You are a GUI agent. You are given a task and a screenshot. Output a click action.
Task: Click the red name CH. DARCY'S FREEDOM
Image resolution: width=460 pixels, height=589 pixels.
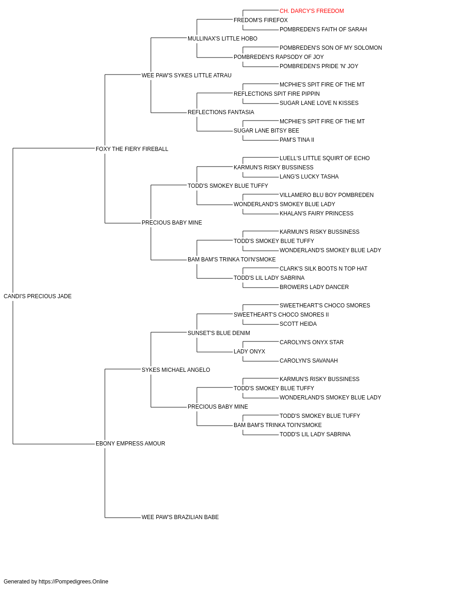(x=311, y=11)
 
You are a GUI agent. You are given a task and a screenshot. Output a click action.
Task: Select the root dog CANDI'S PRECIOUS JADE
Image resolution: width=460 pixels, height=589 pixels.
(x=37, y=296)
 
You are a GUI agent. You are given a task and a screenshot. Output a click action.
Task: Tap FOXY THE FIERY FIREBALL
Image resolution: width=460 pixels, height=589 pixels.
(x=132, y=149)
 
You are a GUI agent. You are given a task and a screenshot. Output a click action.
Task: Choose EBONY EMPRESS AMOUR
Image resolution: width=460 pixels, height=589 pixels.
(x=130, y=444)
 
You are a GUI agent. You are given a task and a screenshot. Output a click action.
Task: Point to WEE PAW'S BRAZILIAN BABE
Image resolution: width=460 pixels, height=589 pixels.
(x=180, y=517)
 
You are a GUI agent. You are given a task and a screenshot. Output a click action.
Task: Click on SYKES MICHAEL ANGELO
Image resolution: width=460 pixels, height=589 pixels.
(x=176, y=370)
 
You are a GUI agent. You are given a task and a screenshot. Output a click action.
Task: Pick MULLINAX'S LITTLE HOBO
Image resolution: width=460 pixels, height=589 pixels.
(x=222, y=39)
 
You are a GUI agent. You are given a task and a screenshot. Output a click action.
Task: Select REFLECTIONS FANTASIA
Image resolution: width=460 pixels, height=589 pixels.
(x=220, y=112)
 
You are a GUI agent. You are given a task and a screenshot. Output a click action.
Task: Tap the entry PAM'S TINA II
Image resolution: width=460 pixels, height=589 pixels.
(x=297, y=140)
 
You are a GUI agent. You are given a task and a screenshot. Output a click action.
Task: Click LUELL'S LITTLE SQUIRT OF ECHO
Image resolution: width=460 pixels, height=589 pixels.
(x=324, y=158)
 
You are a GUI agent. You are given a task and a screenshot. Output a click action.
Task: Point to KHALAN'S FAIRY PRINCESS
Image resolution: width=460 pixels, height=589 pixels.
(x=316, y=214)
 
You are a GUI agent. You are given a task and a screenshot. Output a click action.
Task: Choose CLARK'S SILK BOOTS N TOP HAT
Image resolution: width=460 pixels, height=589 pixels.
(x=323, y=269)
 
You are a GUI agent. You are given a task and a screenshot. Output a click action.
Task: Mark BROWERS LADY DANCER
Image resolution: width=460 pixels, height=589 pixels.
(x=314, y=287)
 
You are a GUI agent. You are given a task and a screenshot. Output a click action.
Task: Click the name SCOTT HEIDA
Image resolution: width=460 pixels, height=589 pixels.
(x=298, y=324)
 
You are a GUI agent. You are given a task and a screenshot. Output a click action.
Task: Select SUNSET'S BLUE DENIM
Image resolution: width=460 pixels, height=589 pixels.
(x=218, y=333)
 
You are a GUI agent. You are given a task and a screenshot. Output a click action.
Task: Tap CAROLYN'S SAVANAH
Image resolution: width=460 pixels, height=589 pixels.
(x=309, y=361)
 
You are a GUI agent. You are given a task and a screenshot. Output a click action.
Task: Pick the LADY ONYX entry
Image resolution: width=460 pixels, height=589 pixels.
(x=249, y=352)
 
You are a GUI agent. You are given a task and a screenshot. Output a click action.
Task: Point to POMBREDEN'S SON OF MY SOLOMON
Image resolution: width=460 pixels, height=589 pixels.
(x=330, y=48)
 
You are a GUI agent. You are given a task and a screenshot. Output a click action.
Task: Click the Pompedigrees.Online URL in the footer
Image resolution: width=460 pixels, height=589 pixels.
(x=73, y=582)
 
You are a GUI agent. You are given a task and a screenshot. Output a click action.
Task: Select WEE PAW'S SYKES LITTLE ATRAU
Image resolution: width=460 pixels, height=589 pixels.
(x=186, y=75)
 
